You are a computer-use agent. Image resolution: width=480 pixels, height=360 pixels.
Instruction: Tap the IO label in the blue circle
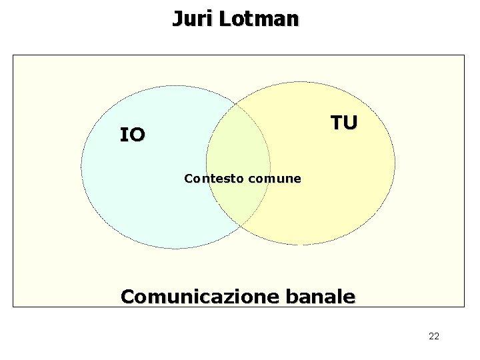[132, 135]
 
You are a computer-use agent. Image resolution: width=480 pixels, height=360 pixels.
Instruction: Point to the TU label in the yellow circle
[345, 123]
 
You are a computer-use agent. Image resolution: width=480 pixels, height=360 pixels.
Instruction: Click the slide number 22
[433, 336]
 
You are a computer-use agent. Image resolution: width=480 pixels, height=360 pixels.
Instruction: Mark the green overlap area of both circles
[238, 147]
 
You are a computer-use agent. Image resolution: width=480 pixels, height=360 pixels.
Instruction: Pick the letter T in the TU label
[337, 123]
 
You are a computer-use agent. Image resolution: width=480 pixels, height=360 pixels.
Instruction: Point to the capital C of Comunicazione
[128, 296]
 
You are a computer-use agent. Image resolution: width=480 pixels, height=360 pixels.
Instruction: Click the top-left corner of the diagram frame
[13, 55]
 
